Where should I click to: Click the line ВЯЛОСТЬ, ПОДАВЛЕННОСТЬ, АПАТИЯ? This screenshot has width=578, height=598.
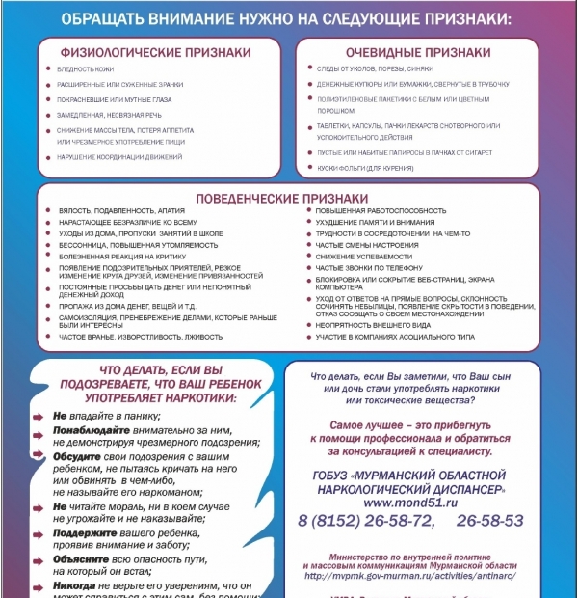[107, 210]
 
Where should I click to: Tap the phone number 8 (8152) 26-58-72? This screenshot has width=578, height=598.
[365, 521]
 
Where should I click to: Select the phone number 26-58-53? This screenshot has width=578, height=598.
[490, 521]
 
